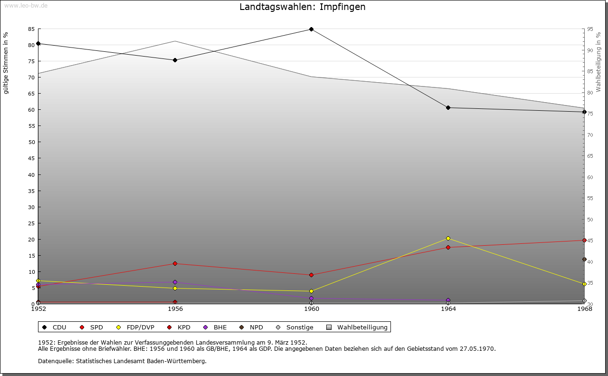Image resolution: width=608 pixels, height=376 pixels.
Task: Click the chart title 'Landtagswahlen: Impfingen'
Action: [x=303, y=7]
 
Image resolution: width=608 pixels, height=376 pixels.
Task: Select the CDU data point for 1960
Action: [x=312, y=29]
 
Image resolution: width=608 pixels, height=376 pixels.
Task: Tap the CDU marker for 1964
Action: [x=448, y=108]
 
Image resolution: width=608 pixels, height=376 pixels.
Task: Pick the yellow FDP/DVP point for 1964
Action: [x=448, y=239]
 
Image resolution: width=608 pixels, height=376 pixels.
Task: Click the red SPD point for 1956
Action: [x=175, y=264]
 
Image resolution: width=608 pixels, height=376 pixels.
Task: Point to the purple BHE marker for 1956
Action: [x=175, y=282]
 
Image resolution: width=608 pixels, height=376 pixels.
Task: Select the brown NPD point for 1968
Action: [x=584, y=260]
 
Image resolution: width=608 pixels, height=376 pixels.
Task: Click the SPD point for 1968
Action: [x=584, y=241]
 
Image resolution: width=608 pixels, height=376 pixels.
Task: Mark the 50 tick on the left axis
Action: [x=31, y=142]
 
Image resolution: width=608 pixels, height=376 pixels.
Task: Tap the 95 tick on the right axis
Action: [x=590, y=29]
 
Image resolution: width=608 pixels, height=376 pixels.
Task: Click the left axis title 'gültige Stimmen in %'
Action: [x=6, y=63]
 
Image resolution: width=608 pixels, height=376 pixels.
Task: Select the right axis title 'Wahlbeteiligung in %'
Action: [x=598, y=62]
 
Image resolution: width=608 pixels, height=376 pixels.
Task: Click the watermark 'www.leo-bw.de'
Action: [x=25, y=5]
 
